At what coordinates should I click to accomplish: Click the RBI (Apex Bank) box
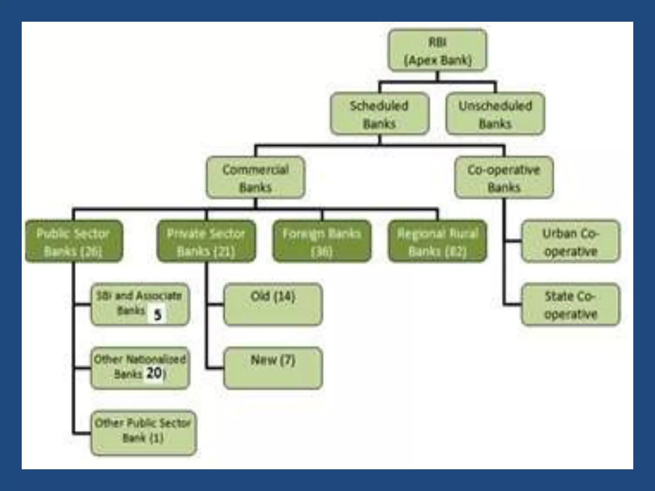click(437, 50)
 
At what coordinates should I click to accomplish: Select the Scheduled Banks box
click(379, 114)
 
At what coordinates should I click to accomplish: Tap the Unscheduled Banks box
click(495, 114)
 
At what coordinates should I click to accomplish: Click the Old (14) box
click(273, 304)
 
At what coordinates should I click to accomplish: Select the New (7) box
click(273, 368)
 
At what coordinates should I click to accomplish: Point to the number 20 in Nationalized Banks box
click(154, 373)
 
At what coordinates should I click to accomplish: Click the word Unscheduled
click(495, 106)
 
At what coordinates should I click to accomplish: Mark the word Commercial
click(256, 169)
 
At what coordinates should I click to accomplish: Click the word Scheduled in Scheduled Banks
click(379, 106)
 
